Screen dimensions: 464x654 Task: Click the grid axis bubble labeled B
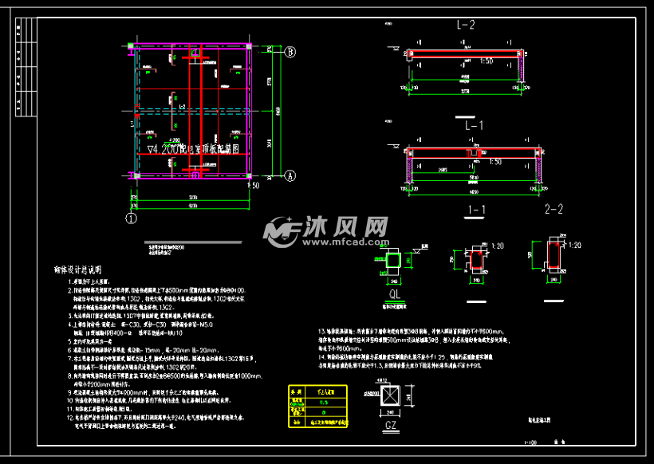(291, 52)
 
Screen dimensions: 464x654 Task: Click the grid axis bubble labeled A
(290, 175)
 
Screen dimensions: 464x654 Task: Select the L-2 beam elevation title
(466, 26)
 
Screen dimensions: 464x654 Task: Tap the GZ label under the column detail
(391, 427)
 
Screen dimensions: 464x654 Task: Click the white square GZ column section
(391, 399)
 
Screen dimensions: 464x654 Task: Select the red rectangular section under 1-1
(477, 260)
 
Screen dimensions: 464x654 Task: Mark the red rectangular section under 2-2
(554, 257)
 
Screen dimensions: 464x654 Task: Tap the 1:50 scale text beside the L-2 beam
(487, 61)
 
